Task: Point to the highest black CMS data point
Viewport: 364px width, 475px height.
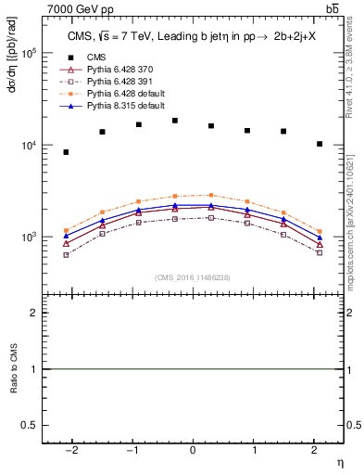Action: (x=175, y=121)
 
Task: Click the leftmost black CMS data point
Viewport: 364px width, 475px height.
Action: (x=66, y=152)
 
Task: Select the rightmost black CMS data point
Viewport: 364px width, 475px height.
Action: (x=320, y=144)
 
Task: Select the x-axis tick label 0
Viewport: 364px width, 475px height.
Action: (x=193, y=450)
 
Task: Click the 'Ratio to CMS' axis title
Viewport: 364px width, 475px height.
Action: (x=12, y=369)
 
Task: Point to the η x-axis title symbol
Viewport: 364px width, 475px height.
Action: (x=339, y=461)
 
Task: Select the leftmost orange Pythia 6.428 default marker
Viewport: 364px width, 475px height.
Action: (x=66, y=231)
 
